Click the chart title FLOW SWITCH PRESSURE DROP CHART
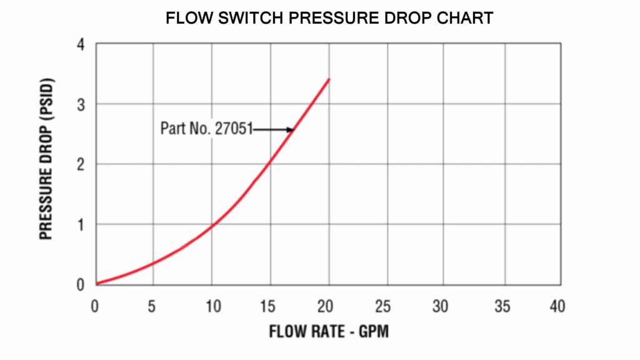[x=329, y=18]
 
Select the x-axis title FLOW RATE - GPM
[x=329, y=331]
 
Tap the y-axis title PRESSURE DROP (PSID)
[x=46, y=159]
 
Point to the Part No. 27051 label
[x=206, y=129]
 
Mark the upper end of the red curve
[x=329, y=79]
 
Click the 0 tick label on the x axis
[x=95, y=306]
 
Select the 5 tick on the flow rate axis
[x=151, y=306]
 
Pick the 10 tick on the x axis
[x=211, y=306]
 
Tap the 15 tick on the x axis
[x=269, y=306]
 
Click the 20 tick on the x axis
[x=325, y=306]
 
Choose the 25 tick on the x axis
[x=383, y=306]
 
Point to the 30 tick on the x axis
[x=442, y=306]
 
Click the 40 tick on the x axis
[x=557, y=306]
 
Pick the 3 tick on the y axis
[x=81, y=104]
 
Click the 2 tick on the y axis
[x=81, y=164]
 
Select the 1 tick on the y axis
[x=81, y=224]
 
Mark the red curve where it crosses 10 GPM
[x=212, y=226]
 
